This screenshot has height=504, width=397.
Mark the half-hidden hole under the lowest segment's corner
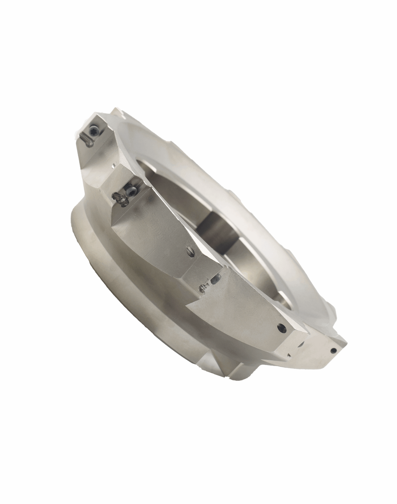(x=300, y=344)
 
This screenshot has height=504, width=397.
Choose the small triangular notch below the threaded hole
(x=288, y=355)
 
